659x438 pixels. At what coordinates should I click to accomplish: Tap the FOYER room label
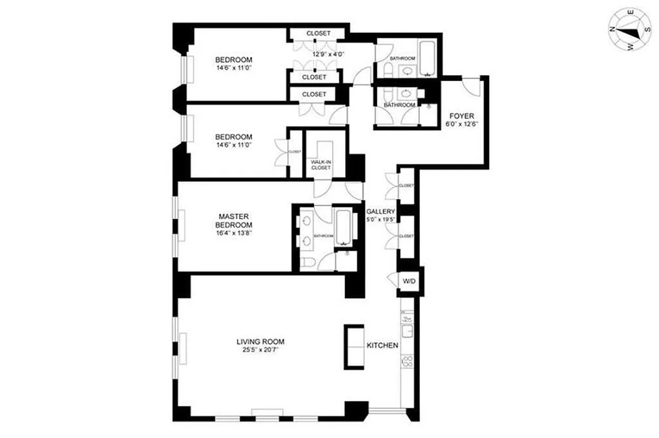point(461,116)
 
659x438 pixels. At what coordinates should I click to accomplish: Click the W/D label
point(409,281)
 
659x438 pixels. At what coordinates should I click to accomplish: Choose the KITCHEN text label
point(382,346)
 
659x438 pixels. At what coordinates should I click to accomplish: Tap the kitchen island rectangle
point(353,346)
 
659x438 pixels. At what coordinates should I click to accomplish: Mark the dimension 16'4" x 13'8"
point(233,233)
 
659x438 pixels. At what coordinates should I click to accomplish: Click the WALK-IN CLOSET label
point(321,164)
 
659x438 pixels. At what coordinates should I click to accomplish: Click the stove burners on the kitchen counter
point(407,361)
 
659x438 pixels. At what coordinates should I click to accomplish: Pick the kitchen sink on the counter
point(407,331)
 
